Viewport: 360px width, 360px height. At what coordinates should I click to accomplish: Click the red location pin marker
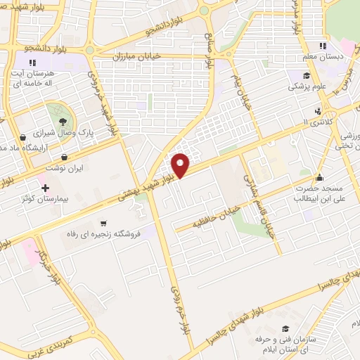181,165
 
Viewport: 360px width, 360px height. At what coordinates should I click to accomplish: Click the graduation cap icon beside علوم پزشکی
307,77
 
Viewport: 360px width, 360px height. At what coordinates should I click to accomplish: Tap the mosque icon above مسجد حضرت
320,177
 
